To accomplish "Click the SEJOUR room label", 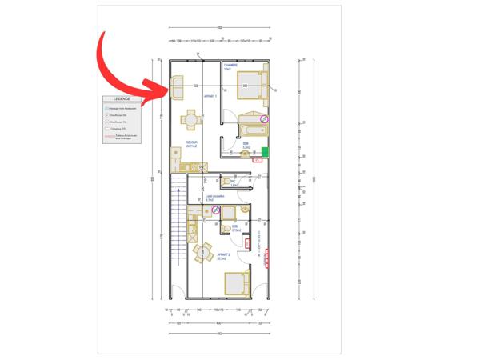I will click(192, 144).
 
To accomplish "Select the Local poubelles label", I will click(215, 197).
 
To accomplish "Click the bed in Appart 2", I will click(237, 282).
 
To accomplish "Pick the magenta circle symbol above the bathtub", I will click(266, 118).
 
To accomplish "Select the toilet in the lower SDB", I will click(227, 228).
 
